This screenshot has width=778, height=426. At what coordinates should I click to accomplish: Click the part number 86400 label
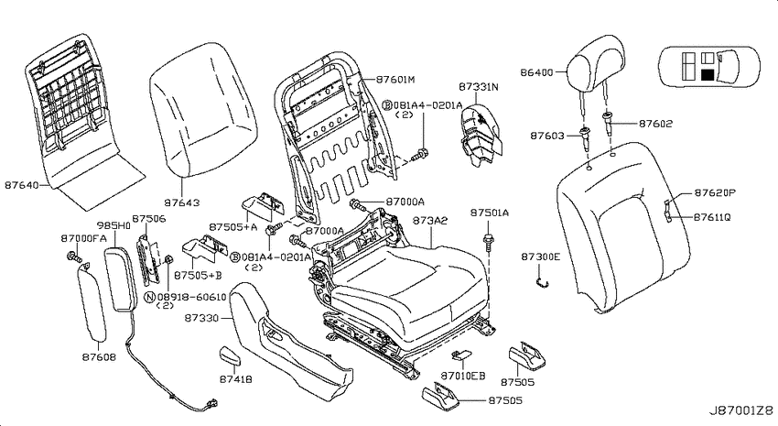[x=536, y=72]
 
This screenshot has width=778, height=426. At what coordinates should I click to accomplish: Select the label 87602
[x=656, y=124]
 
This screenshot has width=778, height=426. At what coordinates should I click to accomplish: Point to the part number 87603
[x=547, y=136]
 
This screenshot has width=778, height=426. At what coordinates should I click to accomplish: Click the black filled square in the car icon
[x=708, y=75]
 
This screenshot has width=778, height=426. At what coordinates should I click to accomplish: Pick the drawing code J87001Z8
[x=740, y=411]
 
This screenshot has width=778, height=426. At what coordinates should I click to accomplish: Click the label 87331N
[x=479, y=87]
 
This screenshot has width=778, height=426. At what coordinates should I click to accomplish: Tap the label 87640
[x=22, y=185]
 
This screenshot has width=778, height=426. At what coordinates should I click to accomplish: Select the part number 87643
[x=182, y=202]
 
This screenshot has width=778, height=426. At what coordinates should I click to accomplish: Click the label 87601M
[x=395, y=80]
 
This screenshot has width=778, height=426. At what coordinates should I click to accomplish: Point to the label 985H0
[x=113, y=225]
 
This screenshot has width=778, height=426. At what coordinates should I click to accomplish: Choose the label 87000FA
[x=84, y=239]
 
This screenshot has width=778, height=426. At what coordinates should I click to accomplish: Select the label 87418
[x=235, y=379]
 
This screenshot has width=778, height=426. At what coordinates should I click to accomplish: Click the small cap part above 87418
[x=231, y=355]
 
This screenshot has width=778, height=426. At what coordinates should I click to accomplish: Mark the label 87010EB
[x=463, y=376]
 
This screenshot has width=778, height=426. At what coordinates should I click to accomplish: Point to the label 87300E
[x=540, y=257]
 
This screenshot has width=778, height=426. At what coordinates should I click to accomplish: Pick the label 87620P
[x=715, y=193]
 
